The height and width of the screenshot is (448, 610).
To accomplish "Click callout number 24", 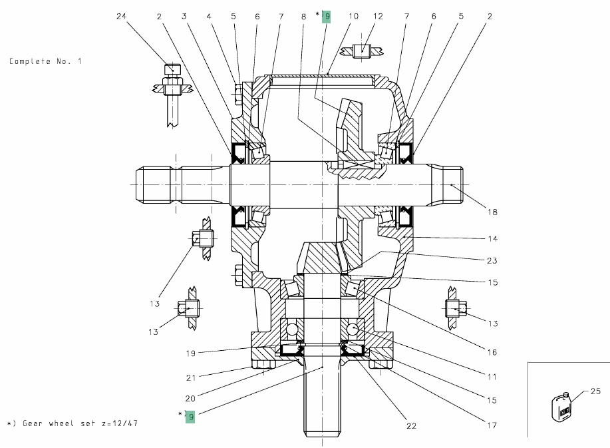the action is [x=121, y=17].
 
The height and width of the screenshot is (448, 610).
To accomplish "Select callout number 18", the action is [x=492, y=212].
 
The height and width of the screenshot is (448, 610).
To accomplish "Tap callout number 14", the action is [x=492, y=238].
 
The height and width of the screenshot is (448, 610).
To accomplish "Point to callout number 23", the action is [x=492, y=260].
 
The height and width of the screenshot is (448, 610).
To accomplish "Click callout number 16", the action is [x=492, y=352].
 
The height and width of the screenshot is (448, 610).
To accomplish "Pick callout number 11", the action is [x=492, y=377].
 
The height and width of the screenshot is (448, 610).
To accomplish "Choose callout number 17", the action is [x=492, y=425].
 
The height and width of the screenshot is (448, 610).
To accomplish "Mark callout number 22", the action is [x=411, y=426].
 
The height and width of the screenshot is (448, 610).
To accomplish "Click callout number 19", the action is [x=190, y=353].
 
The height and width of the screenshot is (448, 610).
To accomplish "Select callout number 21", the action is [x=191, y=377].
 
